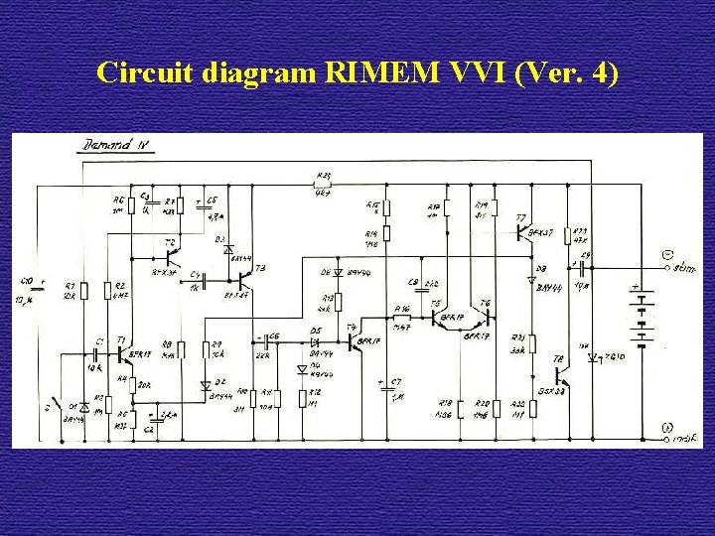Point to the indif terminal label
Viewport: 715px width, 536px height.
click(x=687, y=438)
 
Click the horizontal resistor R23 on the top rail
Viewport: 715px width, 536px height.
click(x=322, y=186)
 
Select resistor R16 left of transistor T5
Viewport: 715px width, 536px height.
click(x=404, y=318)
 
